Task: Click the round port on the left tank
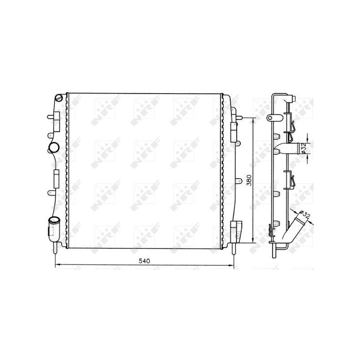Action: tap(54, 147)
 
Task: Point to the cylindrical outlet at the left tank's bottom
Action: tap(54, 224)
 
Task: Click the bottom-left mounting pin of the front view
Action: tap(55, 247)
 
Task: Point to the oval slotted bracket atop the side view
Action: tap(271, 118)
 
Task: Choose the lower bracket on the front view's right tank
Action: tap(235, 229)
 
